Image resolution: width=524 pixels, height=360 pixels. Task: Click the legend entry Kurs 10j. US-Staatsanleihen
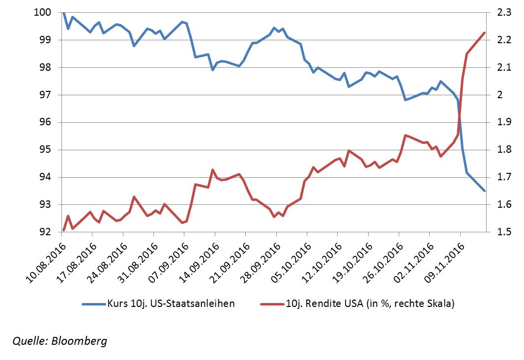click(170, 304)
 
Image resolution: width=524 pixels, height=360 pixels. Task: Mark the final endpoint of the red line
click(485, 33)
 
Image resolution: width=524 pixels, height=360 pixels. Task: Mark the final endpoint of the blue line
click(485, 191)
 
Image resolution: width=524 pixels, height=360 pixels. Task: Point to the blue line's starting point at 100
click(63, 12)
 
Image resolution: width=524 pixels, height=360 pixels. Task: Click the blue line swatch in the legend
click(93, 304)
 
